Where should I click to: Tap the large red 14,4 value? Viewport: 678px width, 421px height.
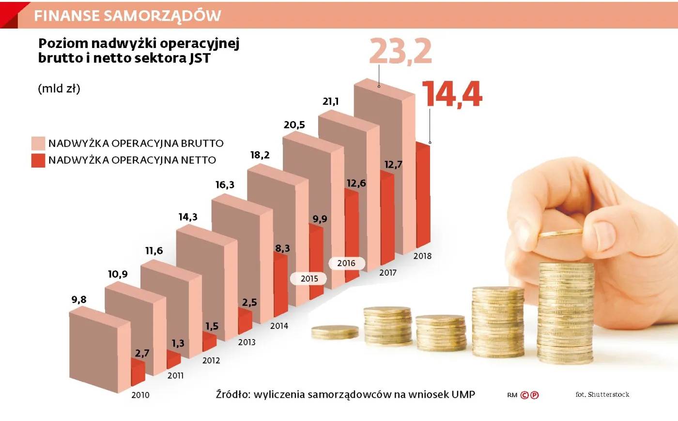[452, 94]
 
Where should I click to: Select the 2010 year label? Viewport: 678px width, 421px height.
[140, 395]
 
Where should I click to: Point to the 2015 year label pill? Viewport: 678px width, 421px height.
[309, 279]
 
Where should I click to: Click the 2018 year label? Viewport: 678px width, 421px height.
[422, 256]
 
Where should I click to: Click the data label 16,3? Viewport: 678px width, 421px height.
[225, 185]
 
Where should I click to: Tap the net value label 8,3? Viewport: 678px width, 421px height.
[282, 249]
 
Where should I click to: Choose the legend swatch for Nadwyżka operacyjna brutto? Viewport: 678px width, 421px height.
[38, 143]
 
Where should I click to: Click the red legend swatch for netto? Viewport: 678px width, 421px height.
[38, 160]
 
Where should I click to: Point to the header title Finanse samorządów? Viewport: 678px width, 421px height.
[127, 16]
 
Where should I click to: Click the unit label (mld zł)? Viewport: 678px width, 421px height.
[59, 89]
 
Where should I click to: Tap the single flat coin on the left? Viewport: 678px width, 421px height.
[335, 332]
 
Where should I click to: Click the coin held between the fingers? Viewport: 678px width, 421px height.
[560, 234]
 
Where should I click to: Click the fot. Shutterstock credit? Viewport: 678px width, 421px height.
[602, 394]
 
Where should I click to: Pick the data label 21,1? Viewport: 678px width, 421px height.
[331, 101]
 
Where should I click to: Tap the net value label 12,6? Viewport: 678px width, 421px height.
[356, 183]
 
